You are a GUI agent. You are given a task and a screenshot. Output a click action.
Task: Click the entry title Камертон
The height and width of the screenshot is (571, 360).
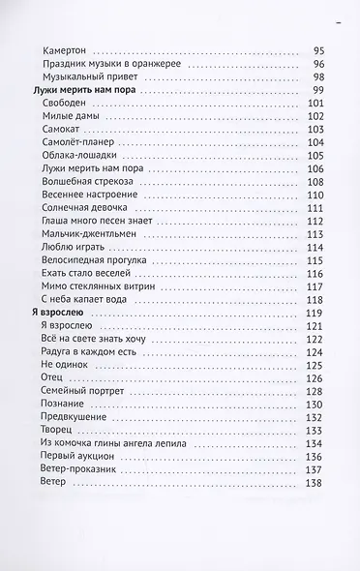[66, 51]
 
